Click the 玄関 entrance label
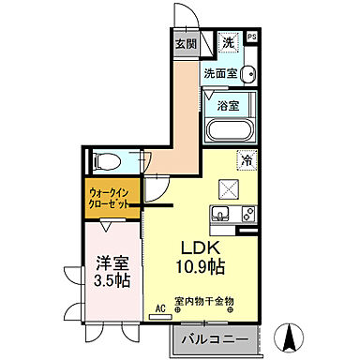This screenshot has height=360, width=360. tap(185, 42)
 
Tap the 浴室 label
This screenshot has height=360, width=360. tap(229, 106)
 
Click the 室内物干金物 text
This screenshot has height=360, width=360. tap(203, 302)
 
